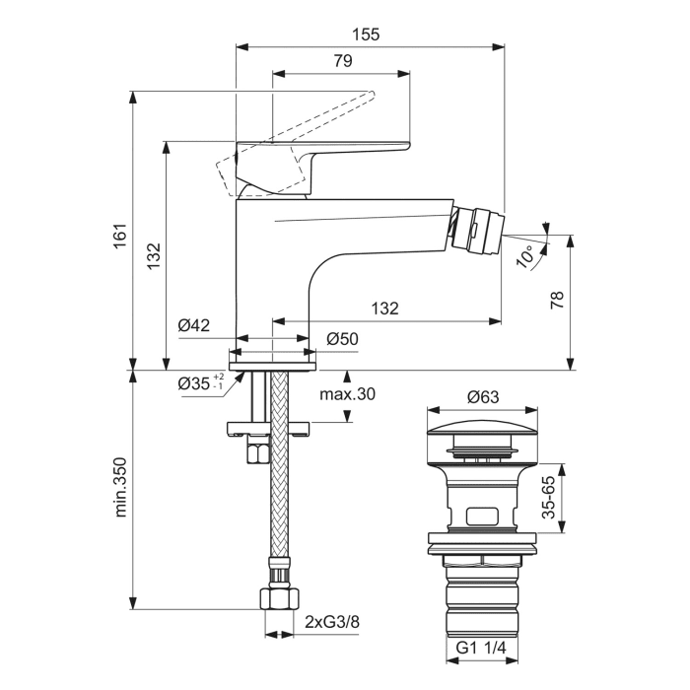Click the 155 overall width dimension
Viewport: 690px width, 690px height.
365,34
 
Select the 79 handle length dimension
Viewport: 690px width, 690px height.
342,61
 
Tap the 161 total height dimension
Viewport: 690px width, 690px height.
119,237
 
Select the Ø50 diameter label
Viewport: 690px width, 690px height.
341,338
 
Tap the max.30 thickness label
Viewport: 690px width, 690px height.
348,394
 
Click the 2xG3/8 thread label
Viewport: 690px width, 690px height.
331,622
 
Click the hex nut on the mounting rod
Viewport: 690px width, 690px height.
259,454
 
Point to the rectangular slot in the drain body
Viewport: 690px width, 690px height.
482,514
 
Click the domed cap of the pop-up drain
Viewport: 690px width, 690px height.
482,428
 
